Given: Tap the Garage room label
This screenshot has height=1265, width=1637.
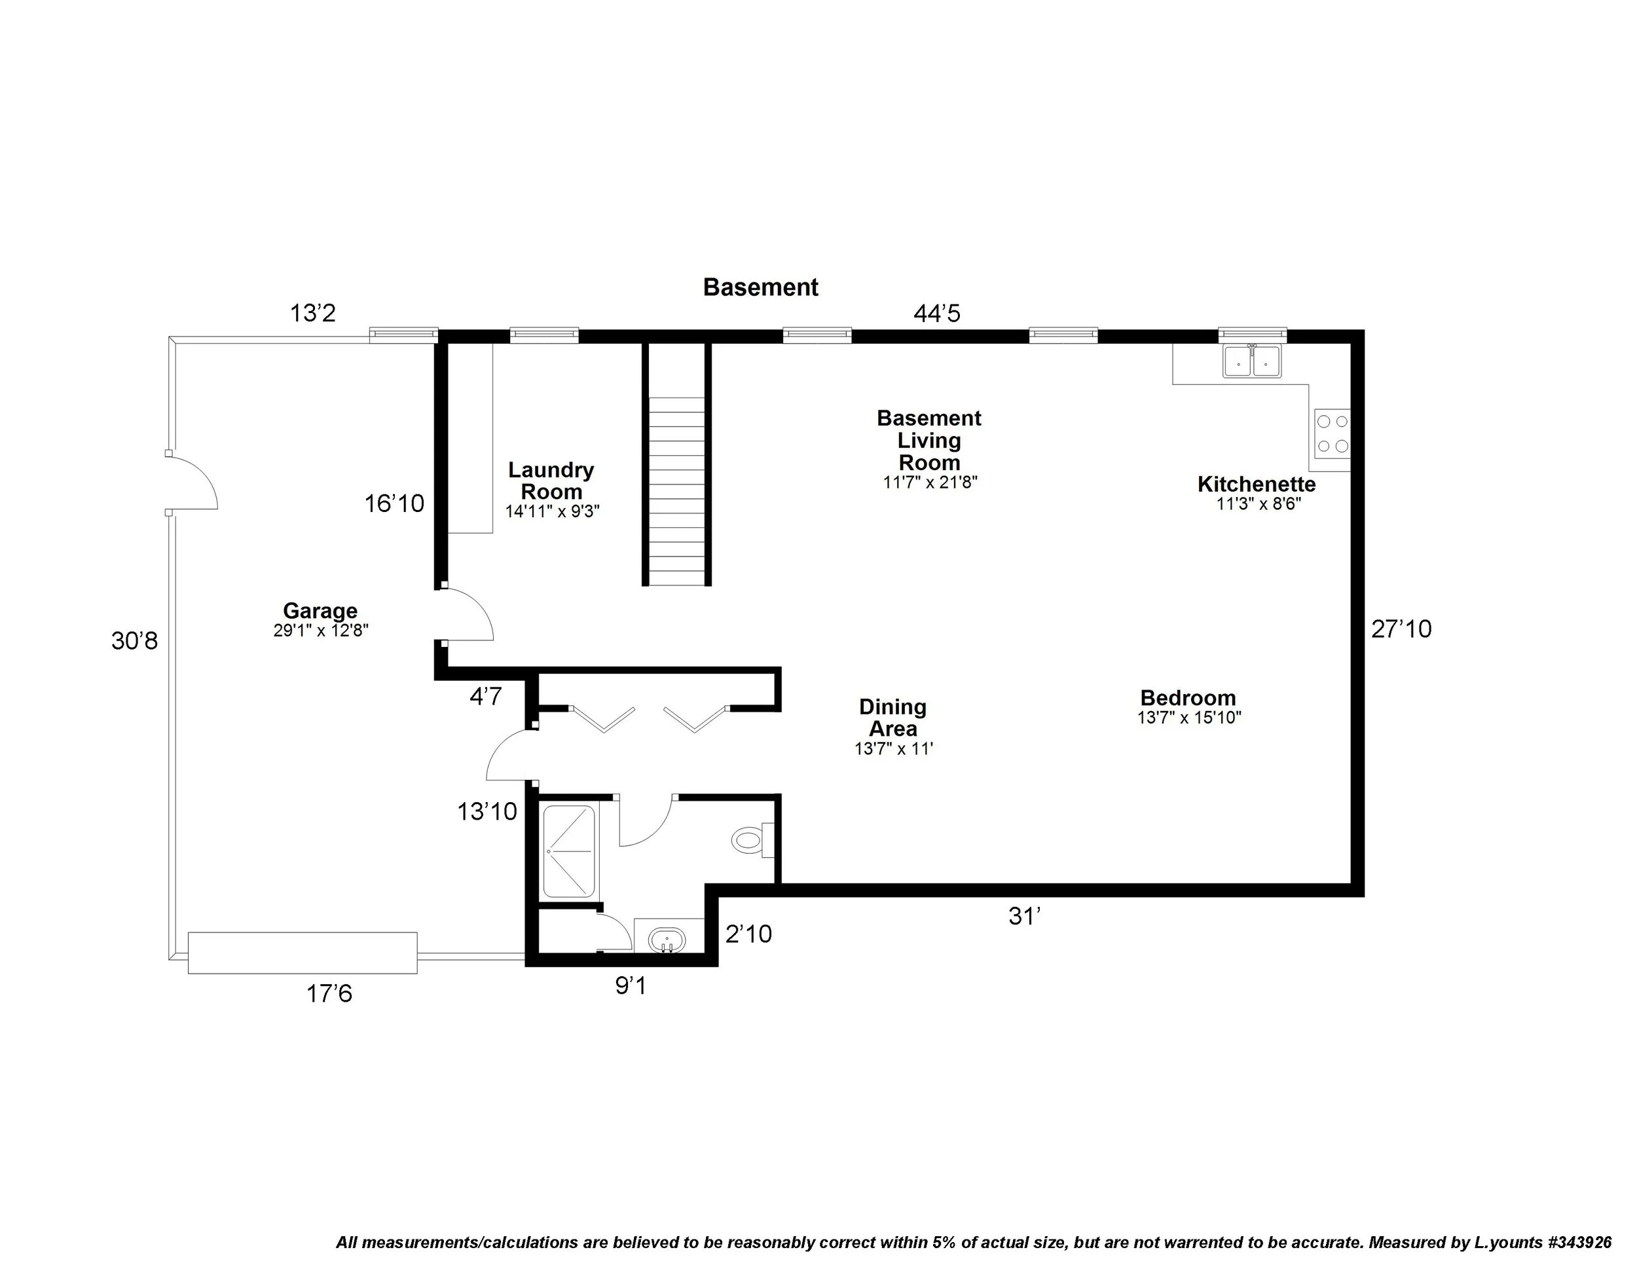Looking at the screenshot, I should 320,611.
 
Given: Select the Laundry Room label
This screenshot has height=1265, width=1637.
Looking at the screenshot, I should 551,481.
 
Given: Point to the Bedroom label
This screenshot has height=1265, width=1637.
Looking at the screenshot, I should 1188,698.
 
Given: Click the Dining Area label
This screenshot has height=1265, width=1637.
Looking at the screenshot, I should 892,717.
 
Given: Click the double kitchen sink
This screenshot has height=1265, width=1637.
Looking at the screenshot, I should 1252,361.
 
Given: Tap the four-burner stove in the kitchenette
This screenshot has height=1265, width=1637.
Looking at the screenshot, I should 1332,434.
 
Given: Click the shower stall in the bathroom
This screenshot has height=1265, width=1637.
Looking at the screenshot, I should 569,851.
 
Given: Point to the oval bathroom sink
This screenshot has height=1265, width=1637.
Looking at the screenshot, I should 667,939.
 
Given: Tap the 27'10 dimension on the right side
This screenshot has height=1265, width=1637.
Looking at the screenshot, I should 1401,629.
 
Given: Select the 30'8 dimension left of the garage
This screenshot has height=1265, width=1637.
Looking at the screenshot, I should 135,641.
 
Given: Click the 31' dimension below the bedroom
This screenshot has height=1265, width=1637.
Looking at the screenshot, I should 1025,917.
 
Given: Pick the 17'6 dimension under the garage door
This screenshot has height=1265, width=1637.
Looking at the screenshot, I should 329,994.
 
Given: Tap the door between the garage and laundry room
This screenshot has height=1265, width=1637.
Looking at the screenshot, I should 466,615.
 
